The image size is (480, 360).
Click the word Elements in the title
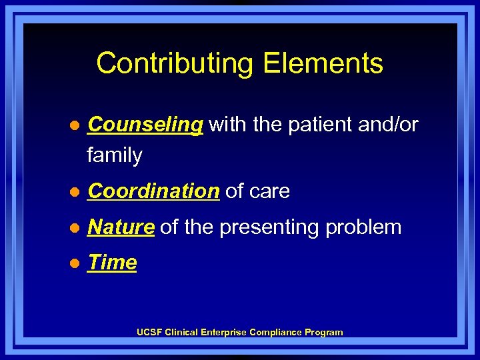point(323,63)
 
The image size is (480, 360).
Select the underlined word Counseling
point(145,125)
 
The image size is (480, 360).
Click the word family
point(114,155)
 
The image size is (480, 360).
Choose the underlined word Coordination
point(153,191)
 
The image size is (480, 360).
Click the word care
point(271,191)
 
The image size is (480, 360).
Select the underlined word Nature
point(121,227)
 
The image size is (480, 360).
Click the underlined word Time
point(112,263)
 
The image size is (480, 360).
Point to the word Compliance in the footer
point(276,332)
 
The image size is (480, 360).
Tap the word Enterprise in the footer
point(225,332)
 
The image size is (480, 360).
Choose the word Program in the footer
point(325,332)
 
